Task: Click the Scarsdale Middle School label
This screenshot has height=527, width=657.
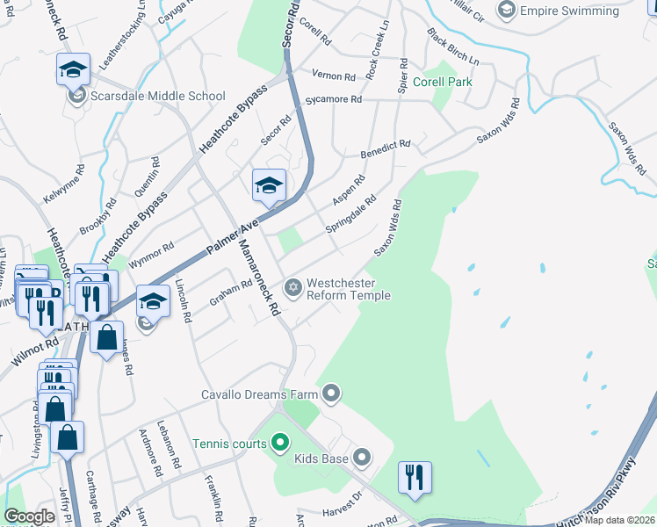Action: tap(158, 96)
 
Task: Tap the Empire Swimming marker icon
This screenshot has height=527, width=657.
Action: tap(507, 11)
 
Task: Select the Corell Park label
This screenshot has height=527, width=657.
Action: tap(448, 82)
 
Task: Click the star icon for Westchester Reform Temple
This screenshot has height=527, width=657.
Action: tap(293, 287)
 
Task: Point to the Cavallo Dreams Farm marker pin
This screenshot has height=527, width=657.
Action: tap(330, 393)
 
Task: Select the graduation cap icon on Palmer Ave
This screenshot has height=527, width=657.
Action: tap(270, 184)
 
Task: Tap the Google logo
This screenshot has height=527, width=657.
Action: tap(30, 516)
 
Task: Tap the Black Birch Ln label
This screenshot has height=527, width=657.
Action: tap(452, 48)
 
